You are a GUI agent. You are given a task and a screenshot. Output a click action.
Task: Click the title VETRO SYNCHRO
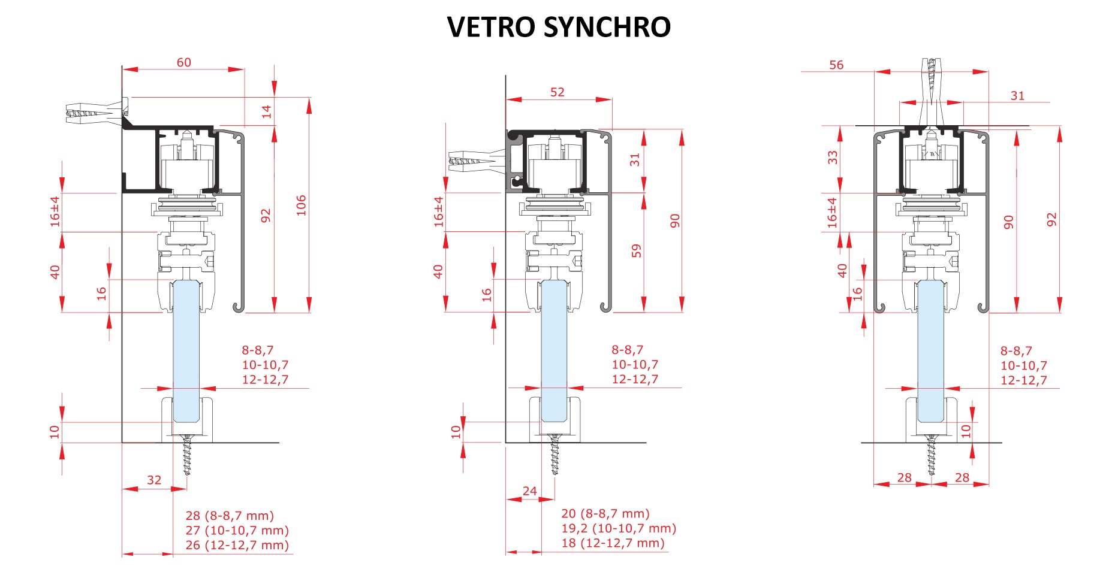click(x=559, y=27)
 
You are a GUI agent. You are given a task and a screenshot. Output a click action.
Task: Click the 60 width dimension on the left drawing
click(x=183, y=62)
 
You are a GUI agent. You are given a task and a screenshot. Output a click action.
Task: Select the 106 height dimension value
click(x=301, y=205)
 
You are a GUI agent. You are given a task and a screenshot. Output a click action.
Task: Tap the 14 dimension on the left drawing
click(x=266, y=111)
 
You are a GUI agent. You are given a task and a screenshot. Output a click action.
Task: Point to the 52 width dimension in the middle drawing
click(x=557, y=92)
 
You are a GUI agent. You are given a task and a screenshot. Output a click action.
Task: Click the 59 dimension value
click(x=636, y=250)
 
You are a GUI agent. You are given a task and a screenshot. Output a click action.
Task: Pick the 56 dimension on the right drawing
click(x=836, y=65)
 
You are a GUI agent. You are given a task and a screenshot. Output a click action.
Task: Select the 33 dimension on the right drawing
click(x=832, y=158)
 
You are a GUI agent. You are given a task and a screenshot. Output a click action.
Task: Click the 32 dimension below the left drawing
click(x=154, y=480)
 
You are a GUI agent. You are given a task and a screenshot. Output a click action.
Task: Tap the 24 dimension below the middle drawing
click(x=529, y=491)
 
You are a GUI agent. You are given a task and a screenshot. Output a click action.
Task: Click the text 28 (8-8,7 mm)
click(x=229, y=516)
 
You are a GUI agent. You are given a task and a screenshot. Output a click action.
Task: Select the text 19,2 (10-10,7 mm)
click(x=618, y=528)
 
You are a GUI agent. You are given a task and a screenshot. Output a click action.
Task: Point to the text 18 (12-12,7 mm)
click(x=613, y=543)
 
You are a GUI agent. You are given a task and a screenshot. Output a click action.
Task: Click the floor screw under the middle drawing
click(x=556, y=455)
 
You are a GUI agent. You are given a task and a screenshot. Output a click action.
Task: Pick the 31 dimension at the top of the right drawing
click(x=1017, y=96)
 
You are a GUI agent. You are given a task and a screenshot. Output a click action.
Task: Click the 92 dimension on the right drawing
click(x=1051, y=220)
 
